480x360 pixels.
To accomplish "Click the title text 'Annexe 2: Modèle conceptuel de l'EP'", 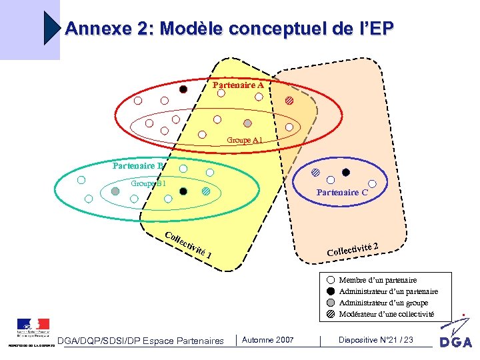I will tap(229, 29).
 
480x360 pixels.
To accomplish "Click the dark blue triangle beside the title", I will tap(52, 28).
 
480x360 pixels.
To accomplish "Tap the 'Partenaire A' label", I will tap(238, 85).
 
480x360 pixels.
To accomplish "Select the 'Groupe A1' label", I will tap(244, 140).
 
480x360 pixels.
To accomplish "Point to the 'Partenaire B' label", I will tap(137, 166).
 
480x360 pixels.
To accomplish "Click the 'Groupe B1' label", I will tap(148, 183).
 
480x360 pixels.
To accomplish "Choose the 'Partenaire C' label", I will tap(342, 192).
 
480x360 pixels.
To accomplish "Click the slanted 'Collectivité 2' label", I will tap(353, 249).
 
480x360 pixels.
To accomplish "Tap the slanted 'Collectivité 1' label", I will tap(189, 246).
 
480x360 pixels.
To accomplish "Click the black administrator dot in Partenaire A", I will tap(183, 89).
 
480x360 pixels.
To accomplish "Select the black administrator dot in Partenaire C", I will tap(345, 172).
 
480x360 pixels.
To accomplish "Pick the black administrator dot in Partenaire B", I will tap(183, 191).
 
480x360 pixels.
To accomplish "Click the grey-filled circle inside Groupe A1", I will tap(247, 123).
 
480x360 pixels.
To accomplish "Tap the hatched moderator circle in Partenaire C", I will tap(315, 171).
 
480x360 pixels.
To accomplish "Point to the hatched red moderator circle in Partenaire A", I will tap(289, 101).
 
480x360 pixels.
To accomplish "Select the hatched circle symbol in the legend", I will tap(331, 313).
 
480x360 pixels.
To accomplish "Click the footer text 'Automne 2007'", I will tap(267, 340).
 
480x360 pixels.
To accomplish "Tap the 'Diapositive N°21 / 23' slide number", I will tap(375, 340).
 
